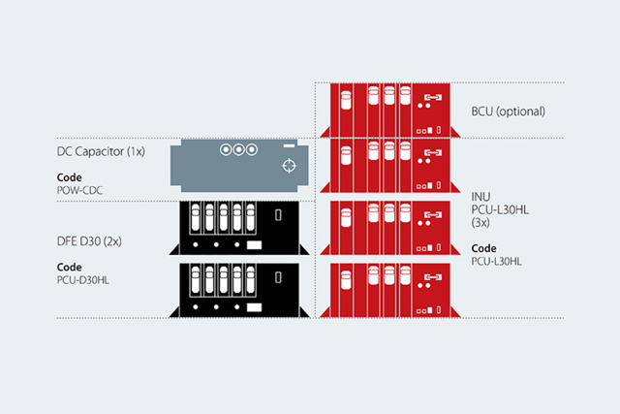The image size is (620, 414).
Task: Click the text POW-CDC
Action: [82, 190]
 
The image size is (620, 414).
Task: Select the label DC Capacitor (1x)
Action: [102, 152]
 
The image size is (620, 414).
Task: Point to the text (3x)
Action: [481, 223]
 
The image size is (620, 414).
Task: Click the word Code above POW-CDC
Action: [69, 177]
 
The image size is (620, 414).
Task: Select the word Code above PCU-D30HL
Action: [69, 265]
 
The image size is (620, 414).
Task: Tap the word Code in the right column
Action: [483, 248]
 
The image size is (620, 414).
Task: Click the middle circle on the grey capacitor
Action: [238, 150]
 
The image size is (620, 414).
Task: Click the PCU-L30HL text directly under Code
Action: [496, 261]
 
